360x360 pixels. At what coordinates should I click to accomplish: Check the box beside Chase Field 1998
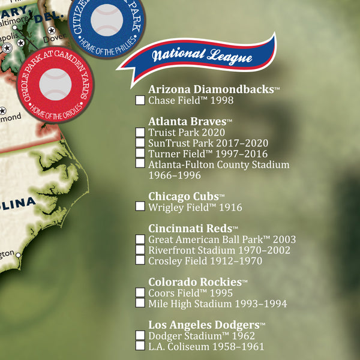click(x=140, y=101)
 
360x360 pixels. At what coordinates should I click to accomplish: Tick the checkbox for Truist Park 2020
click(x=140, y=133)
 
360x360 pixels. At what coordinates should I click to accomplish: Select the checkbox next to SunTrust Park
click(x=140, y=143)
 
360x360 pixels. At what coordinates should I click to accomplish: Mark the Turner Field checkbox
click(x=140, y=153)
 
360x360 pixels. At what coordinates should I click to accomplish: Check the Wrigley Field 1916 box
click(x=140, y=207)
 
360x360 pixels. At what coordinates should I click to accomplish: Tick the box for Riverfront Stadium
click(x=140, y=250)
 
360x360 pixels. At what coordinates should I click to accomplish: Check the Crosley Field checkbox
click(x=140, y=260)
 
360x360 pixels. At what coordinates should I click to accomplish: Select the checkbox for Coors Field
click(x=140, y=293)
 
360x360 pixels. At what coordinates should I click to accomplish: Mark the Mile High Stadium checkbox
click(x=140, y=304)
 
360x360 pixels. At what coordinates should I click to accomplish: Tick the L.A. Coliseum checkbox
click(x=140, y=346)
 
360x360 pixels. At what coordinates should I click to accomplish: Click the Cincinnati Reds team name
click(x=190, y=229)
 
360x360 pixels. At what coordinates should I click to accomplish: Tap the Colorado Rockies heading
click(x=194, y=281)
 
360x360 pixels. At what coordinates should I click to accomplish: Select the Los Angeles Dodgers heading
click(x=203, y=325)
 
